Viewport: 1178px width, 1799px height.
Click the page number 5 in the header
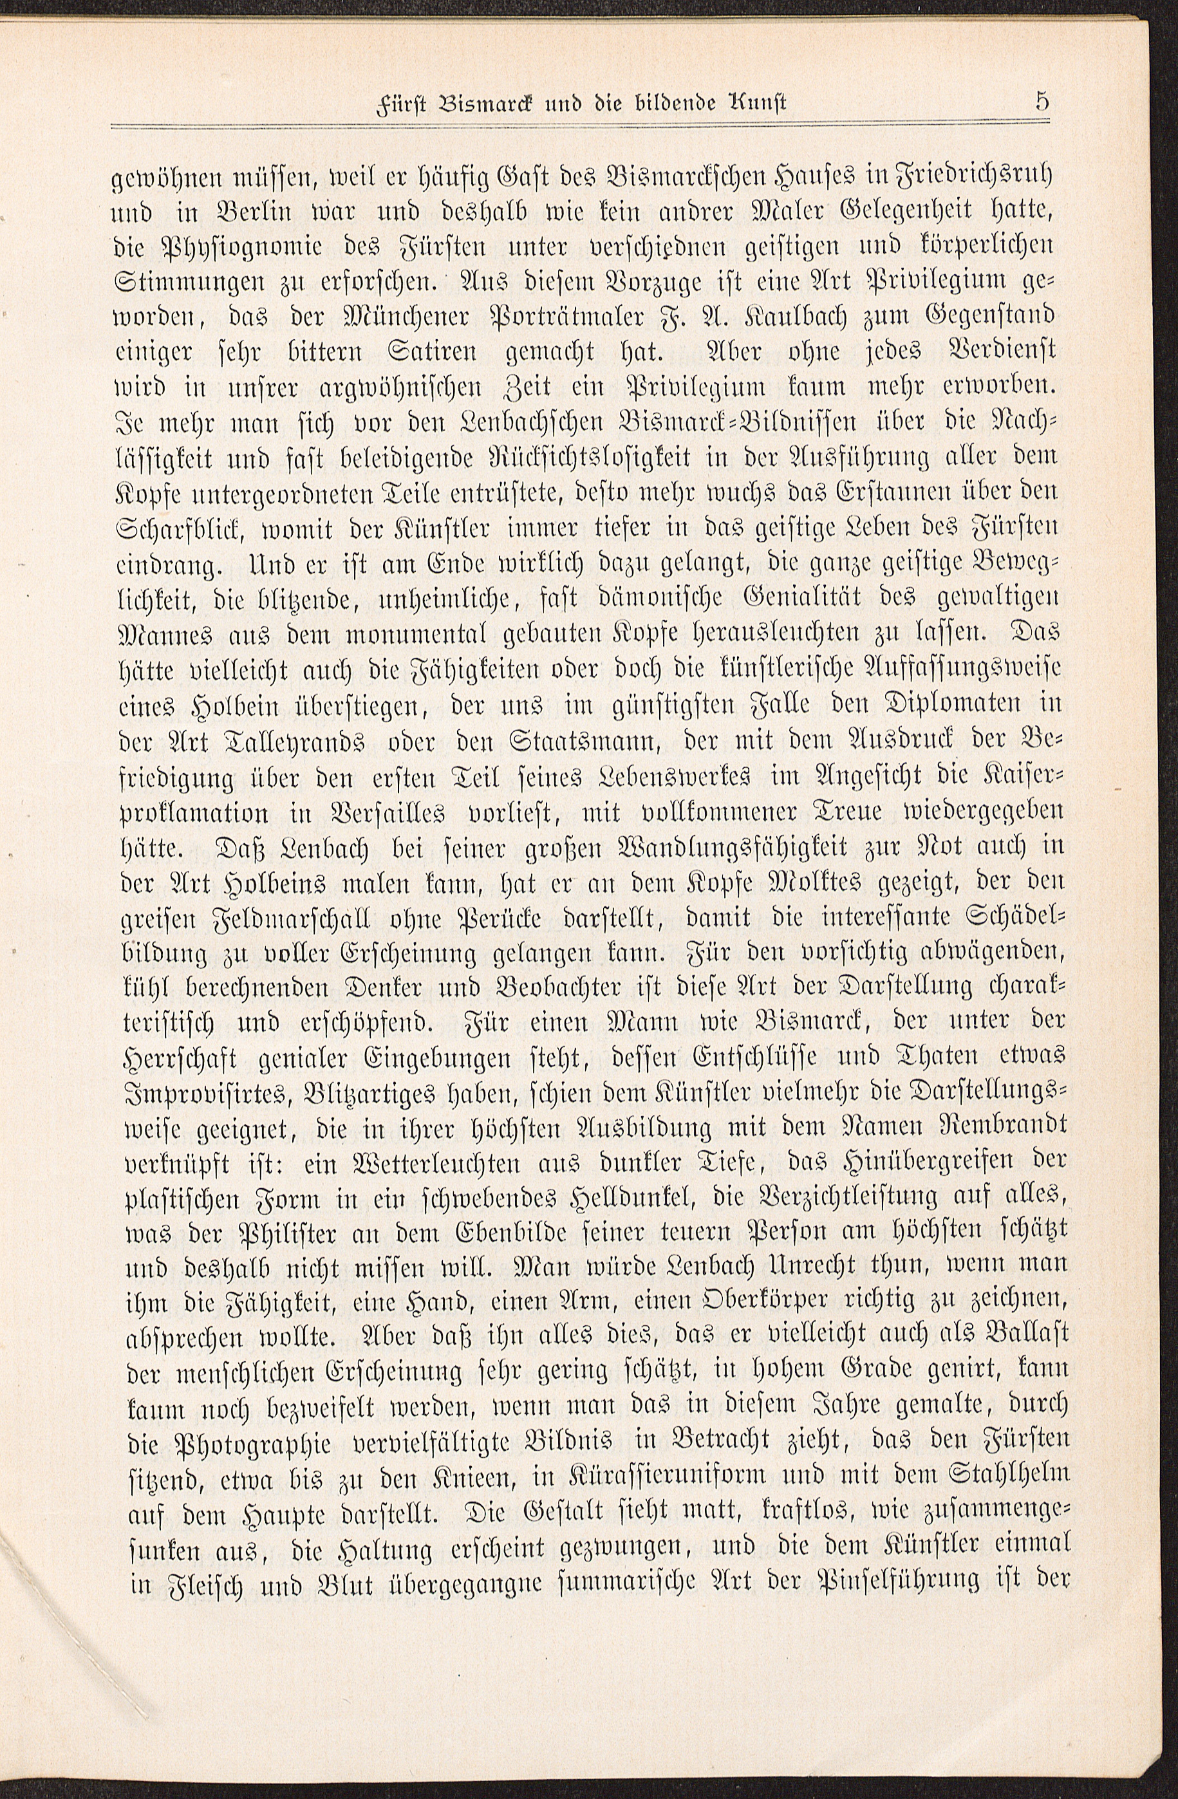click(x=1043, y=102)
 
